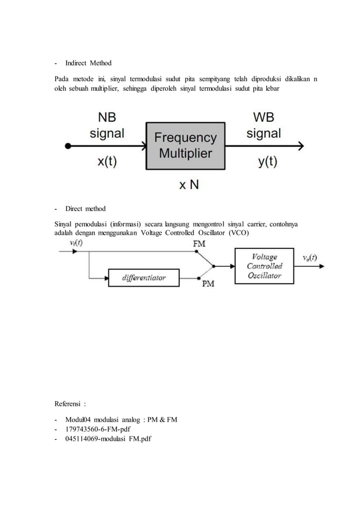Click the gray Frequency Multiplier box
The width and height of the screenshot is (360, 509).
tap(185, 145)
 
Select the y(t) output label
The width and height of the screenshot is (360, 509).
tap(267, 161)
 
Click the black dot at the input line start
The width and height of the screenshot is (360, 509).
tap(68, 146)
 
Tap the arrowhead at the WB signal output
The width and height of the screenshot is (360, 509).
tap(300, 146)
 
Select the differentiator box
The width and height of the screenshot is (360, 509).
tap(144, 277)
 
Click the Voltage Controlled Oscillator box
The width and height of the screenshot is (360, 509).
tap(264, 265)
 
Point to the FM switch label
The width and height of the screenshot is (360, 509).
tap(199, 244)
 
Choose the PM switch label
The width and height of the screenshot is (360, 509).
tap(208, 285)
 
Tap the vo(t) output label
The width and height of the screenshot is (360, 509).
tap(309, 257)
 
